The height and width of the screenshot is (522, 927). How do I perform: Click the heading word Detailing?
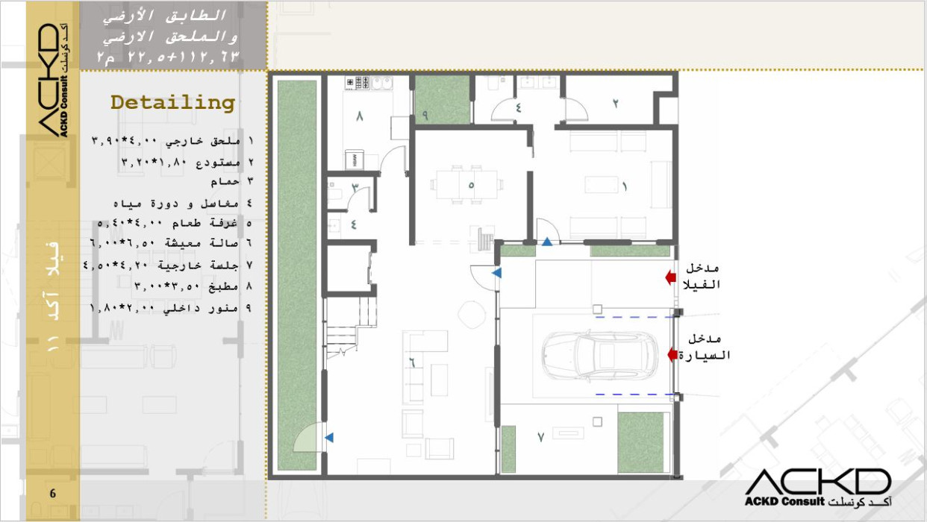coord(172,103)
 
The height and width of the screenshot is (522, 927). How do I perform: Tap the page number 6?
coord(52,493)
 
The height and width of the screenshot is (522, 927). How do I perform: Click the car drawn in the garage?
coord(599,355)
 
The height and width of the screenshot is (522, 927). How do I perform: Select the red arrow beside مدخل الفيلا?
coord(670,277)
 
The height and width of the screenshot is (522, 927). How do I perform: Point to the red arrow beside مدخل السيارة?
coord(672,354)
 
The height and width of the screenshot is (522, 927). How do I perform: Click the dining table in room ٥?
coord(466,184)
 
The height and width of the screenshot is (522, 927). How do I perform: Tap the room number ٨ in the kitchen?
coord(360,116)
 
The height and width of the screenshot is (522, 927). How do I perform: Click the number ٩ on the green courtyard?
coord(425,116)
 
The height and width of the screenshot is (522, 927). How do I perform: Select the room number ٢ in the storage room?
coord(615,104)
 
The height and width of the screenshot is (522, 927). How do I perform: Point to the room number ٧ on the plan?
coord(540,437)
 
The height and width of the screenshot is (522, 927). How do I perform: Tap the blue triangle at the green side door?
coord(329,437)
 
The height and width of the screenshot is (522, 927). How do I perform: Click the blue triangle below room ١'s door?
coord(547,242)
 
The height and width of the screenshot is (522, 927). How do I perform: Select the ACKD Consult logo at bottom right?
coord(818,488)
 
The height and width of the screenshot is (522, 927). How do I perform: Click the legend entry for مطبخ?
coord(193,286)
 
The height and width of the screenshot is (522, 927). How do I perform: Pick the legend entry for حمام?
coord(231,182)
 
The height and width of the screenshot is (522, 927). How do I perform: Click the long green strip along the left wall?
coord(297,275)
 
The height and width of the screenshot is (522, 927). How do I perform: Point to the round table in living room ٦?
coord(472,315)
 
